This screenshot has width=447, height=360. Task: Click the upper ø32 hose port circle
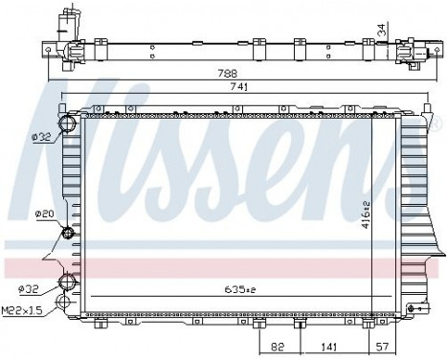(x=68, y=124)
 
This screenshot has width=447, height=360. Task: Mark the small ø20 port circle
(x=68, y=234)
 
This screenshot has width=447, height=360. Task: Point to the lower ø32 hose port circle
(x=68, y=281)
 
